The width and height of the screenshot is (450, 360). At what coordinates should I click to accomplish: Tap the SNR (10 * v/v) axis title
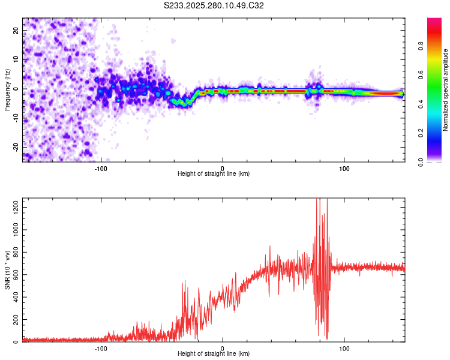coord(7,270)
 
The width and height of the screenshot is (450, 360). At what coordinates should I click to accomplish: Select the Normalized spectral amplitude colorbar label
coord(446,90)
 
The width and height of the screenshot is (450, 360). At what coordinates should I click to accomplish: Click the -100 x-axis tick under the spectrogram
coord(101,168)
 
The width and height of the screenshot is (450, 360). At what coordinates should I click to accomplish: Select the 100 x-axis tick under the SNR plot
coord(345,348)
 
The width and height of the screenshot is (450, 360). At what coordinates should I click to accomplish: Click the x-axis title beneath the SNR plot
coord(214,354)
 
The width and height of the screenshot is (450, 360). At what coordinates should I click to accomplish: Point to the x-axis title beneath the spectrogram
coord(214,174)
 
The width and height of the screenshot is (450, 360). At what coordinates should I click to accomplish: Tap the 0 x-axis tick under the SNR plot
coord(223,348)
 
